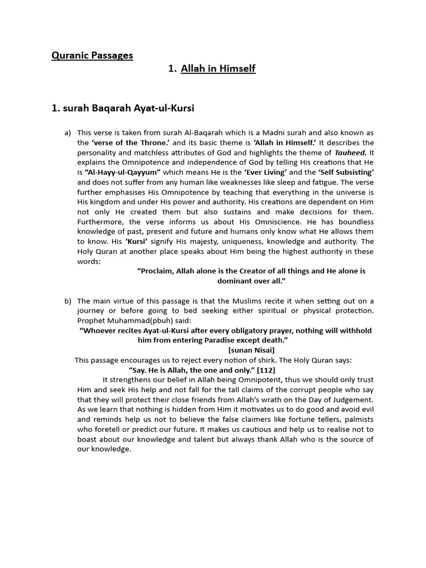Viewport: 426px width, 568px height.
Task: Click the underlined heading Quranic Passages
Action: point(92,55)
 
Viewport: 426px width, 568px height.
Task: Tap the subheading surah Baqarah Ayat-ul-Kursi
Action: point(123,108)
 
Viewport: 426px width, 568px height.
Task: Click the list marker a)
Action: point(68,133)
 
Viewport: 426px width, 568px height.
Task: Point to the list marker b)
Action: point(68,301)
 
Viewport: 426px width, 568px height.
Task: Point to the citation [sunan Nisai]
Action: point(251,350)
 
